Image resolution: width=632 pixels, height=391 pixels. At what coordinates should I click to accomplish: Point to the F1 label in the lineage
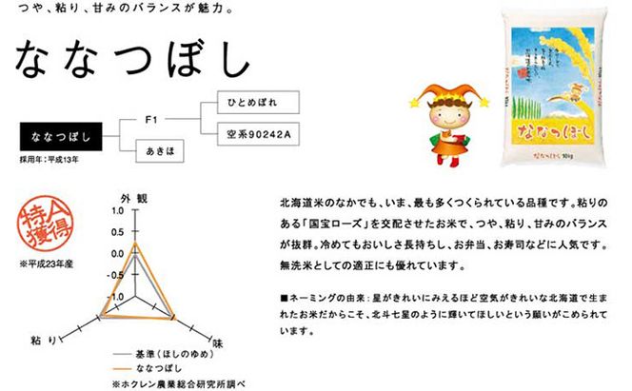point(149,121)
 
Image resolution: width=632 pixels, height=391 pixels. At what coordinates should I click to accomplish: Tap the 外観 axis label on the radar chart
point(134,196)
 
